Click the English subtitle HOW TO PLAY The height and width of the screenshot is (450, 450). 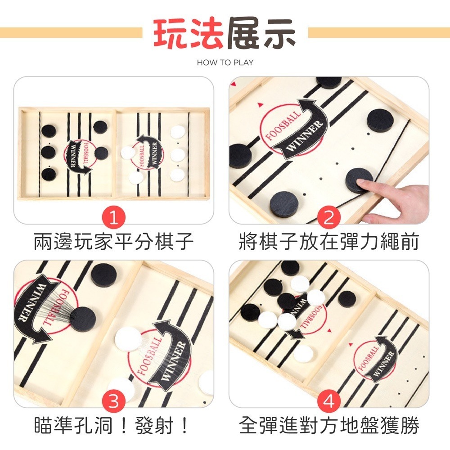coord(225,63)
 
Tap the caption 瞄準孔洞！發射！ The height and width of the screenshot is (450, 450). coord(114,425)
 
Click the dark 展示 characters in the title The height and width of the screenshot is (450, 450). coord(261,34)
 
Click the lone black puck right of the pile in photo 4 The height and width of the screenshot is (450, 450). coord(346,298)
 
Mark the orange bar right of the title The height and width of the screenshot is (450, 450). coord(378,32)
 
